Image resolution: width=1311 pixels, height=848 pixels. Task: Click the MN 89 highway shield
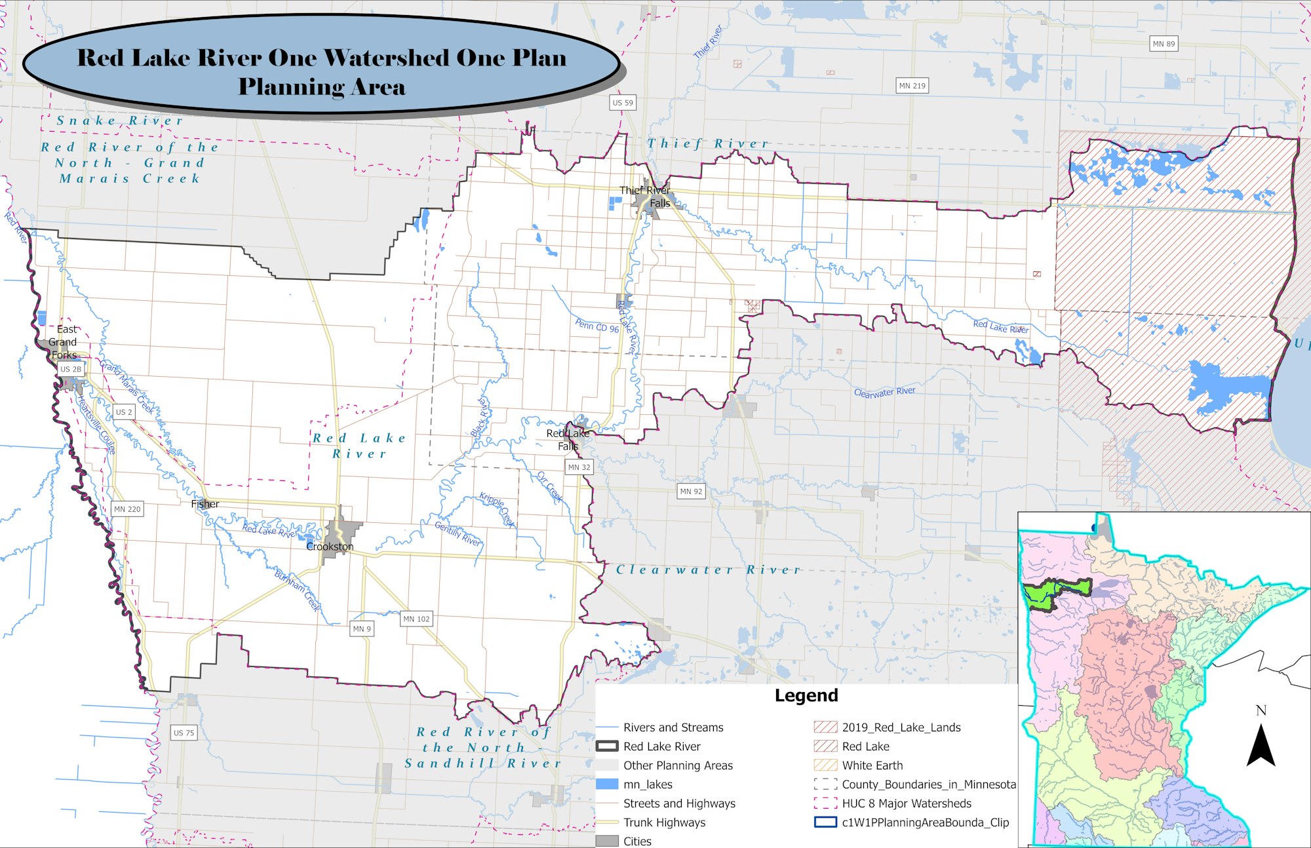click(1164, 44)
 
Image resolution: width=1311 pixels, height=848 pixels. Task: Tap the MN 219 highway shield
click(912, 86)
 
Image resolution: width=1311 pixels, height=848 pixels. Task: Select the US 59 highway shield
click(623, 103)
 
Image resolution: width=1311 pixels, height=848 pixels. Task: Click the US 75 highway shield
click(184, 733)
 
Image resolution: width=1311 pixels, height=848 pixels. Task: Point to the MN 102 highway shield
click(416, 619)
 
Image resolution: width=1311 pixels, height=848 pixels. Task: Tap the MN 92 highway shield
click(691, 491)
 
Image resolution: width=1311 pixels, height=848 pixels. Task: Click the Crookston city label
click(330, 547)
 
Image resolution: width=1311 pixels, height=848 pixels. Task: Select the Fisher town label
click(205, 504)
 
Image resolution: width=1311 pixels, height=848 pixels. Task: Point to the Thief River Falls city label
click(645, 197)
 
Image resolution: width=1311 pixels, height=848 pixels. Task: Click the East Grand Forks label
click(64, 342)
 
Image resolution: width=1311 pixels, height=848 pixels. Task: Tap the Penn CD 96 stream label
click(597, 325)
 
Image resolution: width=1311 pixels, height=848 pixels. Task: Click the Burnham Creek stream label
click(298, 590)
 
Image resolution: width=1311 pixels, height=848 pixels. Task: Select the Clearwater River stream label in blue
click(884, 392)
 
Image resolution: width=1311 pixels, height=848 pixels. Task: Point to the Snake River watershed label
click(119, 121)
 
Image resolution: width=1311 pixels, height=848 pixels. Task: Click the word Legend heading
click(806, 695)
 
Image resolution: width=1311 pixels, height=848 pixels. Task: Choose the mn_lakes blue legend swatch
click(607, 784)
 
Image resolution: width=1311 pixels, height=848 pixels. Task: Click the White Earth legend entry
click(872, 765)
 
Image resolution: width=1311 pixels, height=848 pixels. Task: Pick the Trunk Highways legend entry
click(664, 822)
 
